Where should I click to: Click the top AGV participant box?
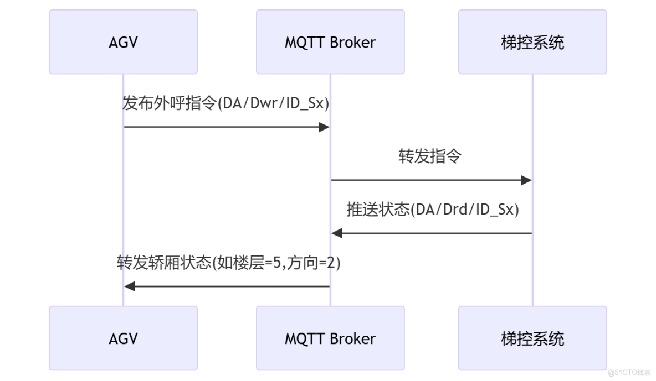123,42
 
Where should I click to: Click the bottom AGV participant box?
123,338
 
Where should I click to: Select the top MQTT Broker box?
330,42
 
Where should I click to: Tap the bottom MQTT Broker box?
330,338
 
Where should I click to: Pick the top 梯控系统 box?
532,42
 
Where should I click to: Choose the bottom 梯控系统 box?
532,338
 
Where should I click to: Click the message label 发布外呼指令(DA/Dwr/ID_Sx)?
226,104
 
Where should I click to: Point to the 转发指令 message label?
430,156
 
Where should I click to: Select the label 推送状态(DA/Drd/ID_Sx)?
433,210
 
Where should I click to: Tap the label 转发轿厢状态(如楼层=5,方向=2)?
228,263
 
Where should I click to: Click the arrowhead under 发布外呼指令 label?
325,127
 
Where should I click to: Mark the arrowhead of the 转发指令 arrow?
526,180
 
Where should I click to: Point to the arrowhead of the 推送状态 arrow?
337,233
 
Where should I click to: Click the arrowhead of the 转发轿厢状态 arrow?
130,286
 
